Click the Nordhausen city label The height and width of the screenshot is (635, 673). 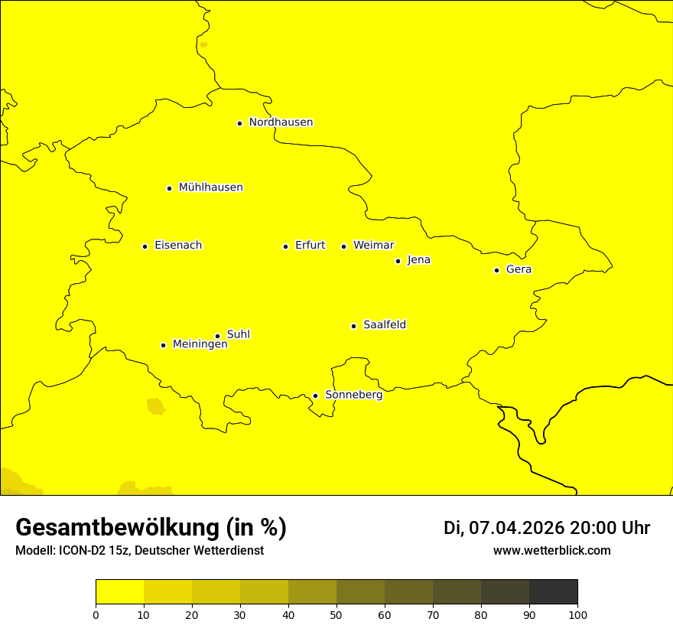(x=281, y=122)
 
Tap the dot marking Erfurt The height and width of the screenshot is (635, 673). (x=285, y=246)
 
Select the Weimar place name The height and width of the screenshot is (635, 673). (x=373, y=246)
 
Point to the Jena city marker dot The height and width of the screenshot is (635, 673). (x=398, y=261)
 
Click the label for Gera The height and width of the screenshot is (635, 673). (x=519, y=269)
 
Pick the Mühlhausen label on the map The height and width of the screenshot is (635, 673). (x=210, y=187)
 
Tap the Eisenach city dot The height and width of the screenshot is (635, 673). (x=145, y=246)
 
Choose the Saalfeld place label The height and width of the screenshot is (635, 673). (x=384, y=325)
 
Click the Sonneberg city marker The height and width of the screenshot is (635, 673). (x=315, y=396)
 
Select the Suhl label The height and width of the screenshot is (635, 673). (x=239, y=334)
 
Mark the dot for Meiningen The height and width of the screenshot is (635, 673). (x=163, y=345)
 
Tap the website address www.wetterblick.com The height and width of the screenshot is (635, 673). (x=551, y=551)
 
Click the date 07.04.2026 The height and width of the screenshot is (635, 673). (x=516, y=528)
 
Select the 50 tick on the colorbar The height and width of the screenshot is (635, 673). (x=336, y=614)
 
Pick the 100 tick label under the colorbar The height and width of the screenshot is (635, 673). (x=577, y=614)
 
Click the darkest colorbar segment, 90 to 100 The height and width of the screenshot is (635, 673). (x=553, y=592)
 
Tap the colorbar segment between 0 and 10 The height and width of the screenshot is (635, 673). (x=119, y=592)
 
